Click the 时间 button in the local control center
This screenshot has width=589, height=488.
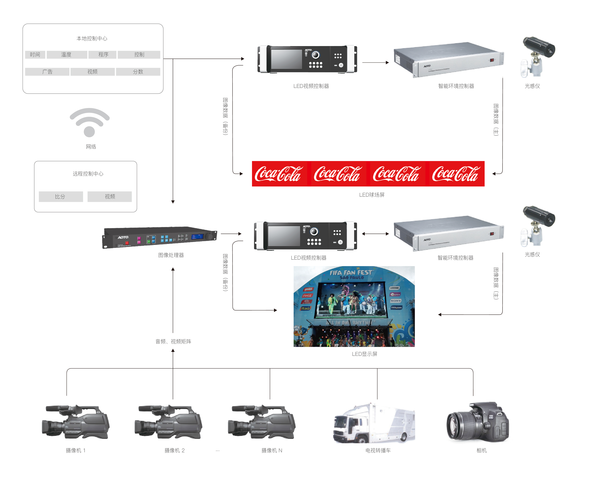(35, 55)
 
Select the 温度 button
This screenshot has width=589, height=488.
(66, 55)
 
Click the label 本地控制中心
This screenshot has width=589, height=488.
(92, 38)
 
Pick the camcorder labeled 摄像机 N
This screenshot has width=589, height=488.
(262, 422)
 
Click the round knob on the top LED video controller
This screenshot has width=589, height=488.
(316, 55)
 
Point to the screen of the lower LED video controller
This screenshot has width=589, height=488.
(284, 236)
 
